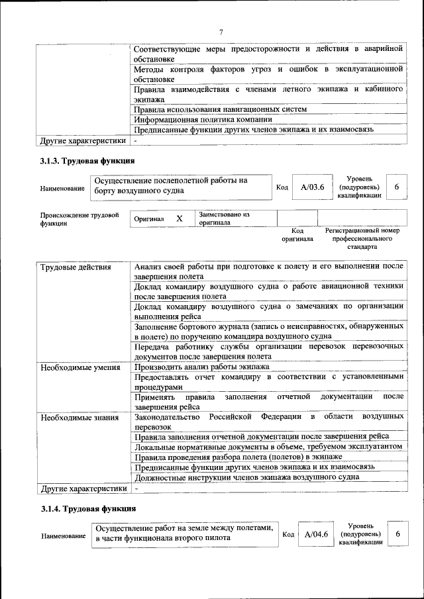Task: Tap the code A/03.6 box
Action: [311, 187]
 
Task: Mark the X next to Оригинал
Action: [179, 218]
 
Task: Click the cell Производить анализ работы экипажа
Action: [201, 367]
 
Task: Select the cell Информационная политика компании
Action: [203, 120]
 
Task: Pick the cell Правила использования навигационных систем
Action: [220, 109]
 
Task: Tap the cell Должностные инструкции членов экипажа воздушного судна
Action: [246, 477]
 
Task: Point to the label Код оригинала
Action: [297, 234]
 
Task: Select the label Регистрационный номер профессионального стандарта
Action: [362, 238]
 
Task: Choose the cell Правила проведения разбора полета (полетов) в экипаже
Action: [238, 457]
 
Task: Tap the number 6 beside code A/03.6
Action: [396, 187]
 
